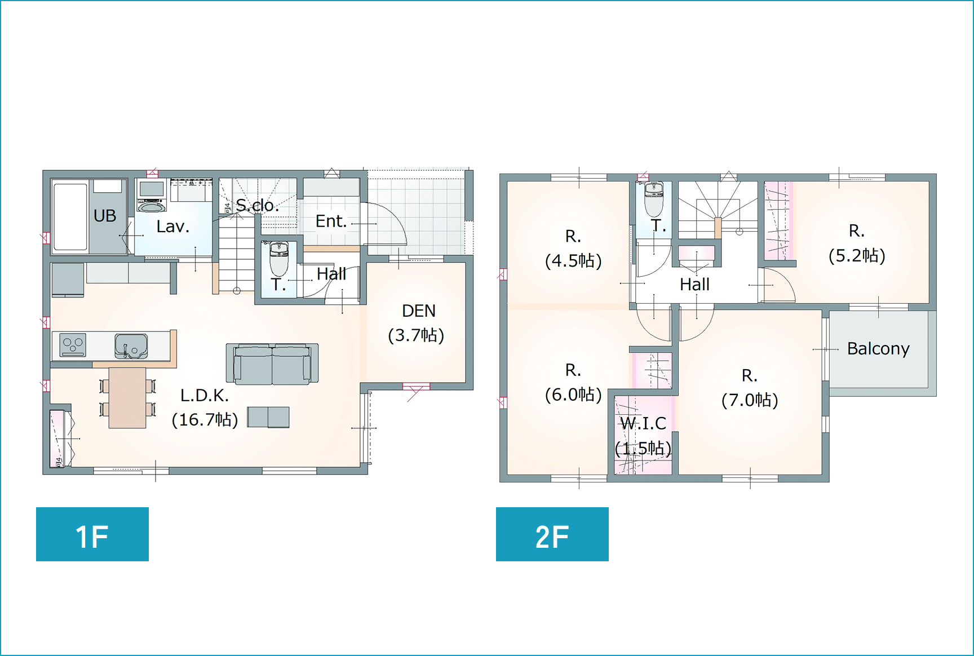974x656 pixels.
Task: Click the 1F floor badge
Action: point(92,534)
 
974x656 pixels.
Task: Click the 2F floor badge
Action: point(552,534)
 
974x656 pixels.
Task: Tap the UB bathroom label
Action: point(105,216)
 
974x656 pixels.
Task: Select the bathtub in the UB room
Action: point(70,216)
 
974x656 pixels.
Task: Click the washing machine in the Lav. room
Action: point(152,195)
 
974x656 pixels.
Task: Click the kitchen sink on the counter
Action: point(131,346)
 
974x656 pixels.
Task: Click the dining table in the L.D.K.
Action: point(127,398)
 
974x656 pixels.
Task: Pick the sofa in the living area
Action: point(272,364)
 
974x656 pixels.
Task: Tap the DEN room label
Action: point(419,311)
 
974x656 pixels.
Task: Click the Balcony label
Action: point(878,349)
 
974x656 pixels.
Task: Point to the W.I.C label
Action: point(643,423)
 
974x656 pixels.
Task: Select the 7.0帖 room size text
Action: point(750,400)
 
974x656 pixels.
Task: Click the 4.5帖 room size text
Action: point(573,261)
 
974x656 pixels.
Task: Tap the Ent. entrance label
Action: point(331,221)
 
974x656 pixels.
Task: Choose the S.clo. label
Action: point(257,205)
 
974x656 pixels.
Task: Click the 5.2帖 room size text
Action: point(857,256)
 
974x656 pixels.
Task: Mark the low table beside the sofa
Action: point(268,417)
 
